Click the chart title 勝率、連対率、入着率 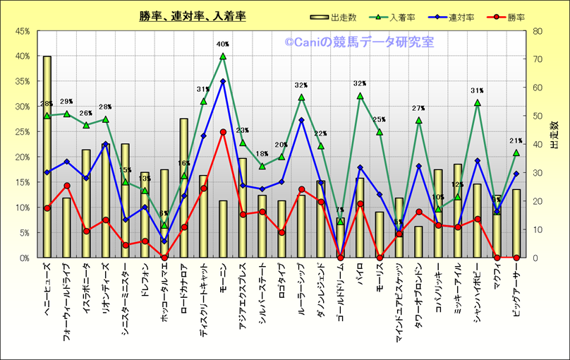coord(192,16)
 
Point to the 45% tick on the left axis coord(20,31)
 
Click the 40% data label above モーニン coord(223,44)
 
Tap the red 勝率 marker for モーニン coord(223,132)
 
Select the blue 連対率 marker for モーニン coord(223,81)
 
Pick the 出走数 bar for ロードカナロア coord(184,188)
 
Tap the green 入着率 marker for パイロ coord(360,96)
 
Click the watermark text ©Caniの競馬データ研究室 coord(359,42)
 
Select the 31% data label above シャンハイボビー coord(477,91)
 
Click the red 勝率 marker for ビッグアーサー coord(516,258)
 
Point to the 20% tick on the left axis coord(20,157)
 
